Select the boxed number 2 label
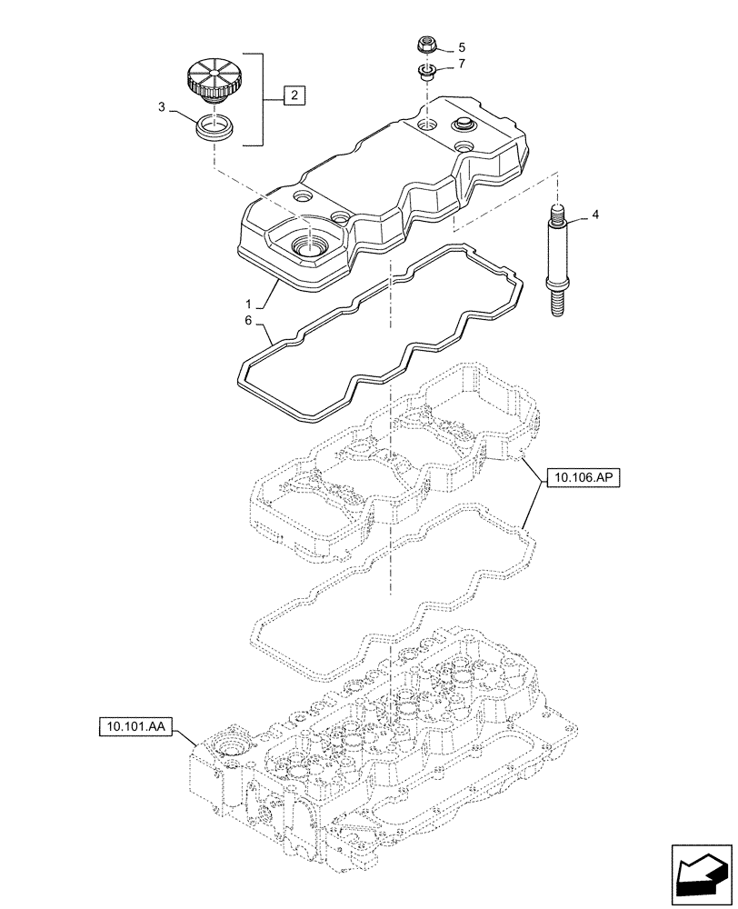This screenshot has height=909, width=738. pyautogui.click(x=294, y=94)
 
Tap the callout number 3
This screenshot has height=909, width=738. pyautogui.click(x=161, y=108)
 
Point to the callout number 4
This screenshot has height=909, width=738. pyautogui.click(x=595, y=215)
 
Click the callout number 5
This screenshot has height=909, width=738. pyautogui.click(x=461, y=46)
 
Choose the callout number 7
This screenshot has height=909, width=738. pyautogui.click(x=461, y=64)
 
